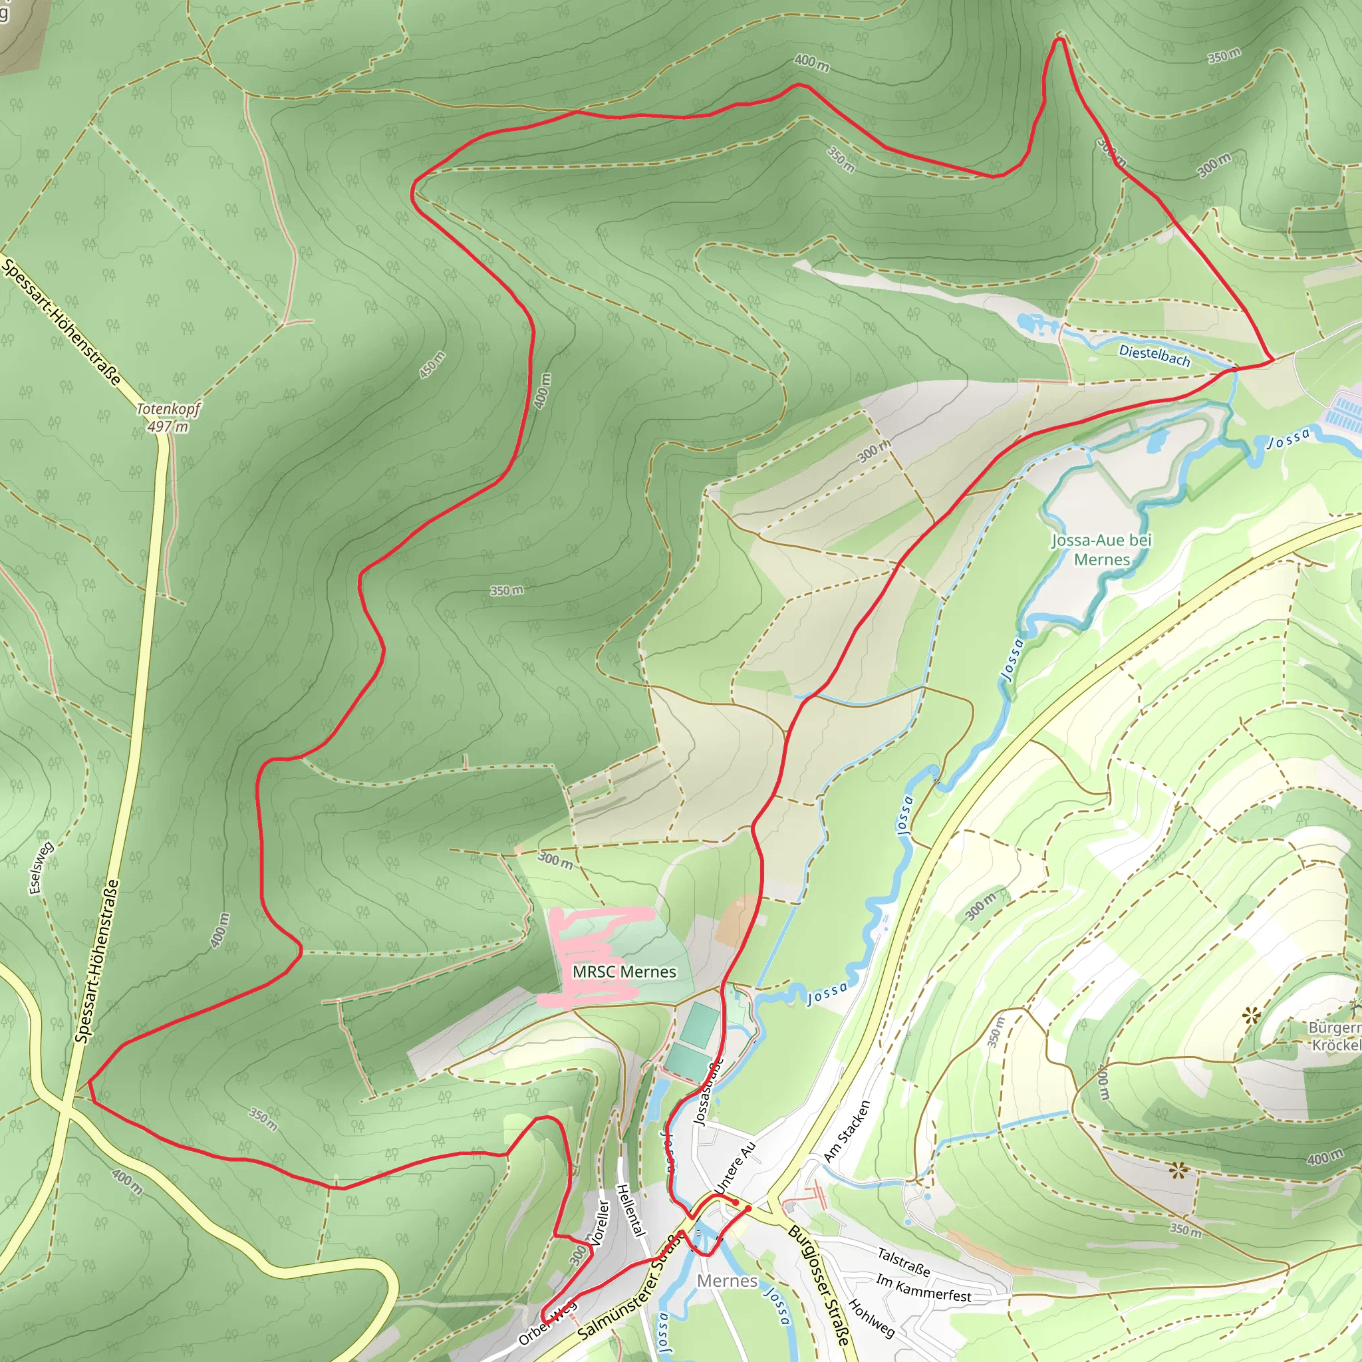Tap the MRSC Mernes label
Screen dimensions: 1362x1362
624,972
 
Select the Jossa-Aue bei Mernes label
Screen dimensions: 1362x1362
1101,550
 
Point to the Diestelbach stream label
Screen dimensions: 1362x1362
1155,354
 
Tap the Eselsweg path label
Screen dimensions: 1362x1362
41,869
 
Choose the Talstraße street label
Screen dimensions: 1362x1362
903,1262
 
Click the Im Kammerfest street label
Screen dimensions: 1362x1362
924,1288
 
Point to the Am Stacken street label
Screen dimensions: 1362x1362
847,1131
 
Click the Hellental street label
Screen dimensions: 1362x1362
631,1210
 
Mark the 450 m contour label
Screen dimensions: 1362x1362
432,364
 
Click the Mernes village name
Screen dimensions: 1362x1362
727,1281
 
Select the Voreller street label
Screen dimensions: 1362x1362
599,1224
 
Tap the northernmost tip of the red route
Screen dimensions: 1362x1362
1058,40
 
